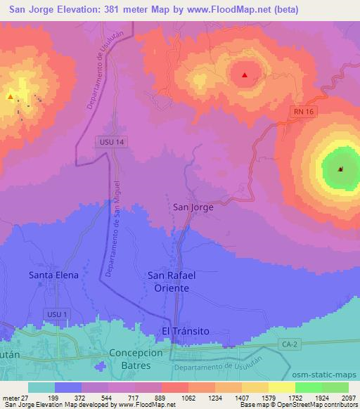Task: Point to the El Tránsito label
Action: pyautogui.click(x=186, y=330)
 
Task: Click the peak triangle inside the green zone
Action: pyautogui.click(x=340, y=169)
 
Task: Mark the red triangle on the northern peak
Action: pyautogui.click(x=245, y=75)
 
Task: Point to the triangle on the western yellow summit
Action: pyautogui.click(x=11, y=97)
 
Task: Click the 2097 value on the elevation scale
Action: pyautogui.click(x=349, y=398)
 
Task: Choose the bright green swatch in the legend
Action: pyautogui.click(x=309, y=387)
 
